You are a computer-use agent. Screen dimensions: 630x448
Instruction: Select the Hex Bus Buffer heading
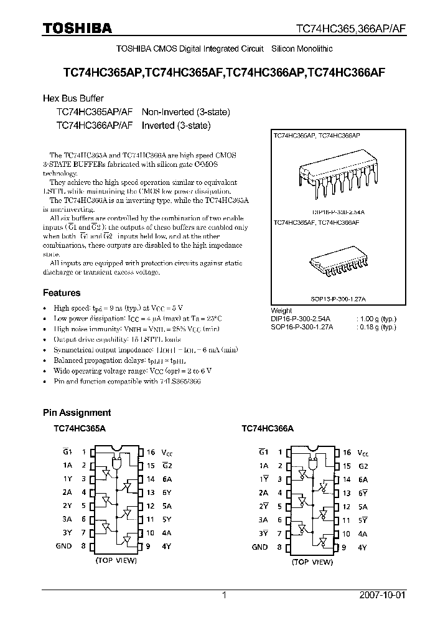[73, 98]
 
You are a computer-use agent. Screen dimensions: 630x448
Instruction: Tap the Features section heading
[62, 293]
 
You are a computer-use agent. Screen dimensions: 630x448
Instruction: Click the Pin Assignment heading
[77, 412]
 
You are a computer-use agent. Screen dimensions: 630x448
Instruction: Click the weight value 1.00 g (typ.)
[376, 319]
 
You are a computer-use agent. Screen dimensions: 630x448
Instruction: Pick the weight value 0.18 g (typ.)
[376, 327]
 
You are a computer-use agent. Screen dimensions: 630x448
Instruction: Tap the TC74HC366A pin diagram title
[267, 429]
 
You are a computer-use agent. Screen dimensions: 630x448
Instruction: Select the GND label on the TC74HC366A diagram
[259, 547]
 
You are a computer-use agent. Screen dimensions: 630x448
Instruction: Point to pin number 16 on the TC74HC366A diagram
[347, 453]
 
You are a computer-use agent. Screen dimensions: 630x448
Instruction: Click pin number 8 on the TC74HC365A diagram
[83, 547]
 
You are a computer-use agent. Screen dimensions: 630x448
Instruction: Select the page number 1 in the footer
[225, 595]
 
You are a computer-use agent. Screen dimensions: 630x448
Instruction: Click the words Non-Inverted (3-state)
[186, 112]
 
